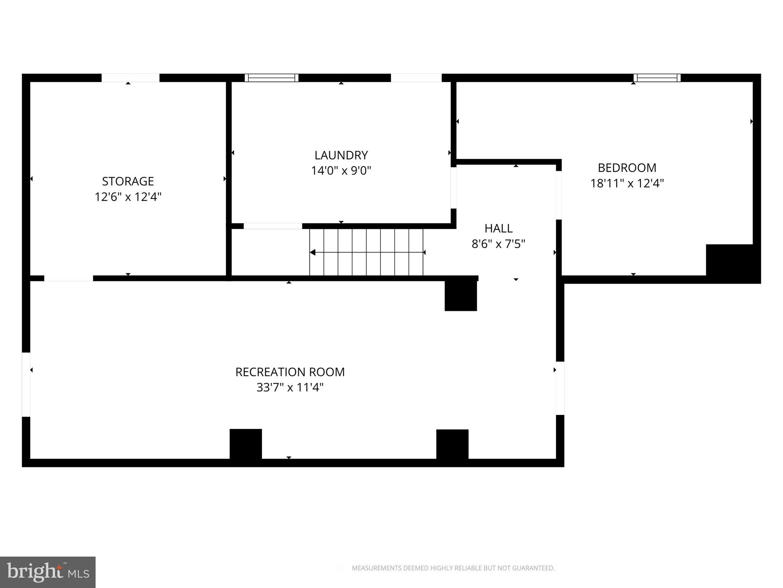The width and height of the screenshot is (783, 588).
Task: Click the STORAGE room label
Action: (128, 181)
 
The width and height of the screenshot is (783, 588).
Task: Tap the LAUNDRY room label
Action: (341, 155)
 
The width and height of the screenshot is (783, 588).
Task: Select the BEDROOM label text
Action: (627, 168)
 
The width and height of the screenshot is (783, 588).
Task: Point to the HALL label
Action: (499, 228)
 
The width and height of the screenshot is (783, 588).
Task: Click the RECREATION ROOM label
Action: (290, 372)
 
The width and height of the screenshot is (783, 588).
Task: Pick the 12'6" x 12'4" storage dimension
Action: (128, 197)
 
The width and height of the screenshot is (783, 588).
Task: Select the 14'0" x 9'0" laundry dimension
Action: (341, 170)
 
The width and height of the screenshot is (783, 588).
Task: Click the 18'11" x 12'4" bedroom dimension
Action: (627, 183)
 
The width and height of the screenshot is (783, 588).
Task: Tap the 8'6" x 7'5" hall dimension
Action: (499, 244)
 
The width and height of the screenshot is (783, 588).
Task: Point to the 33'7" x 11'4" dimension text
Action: (290, 387)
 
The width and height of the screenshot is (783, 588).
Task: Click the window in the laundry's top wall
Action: (271, 78)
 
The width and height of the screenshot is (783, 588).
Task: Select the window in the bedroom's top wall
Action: (657, 78)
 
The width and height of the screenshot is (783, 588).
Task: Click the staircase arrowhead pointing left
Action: (312, 252)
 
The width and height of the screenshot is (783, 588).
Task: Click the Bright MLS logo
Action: (48, 572)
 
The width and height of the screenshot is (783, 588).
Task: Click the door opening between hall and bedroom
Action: (559, 195)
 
